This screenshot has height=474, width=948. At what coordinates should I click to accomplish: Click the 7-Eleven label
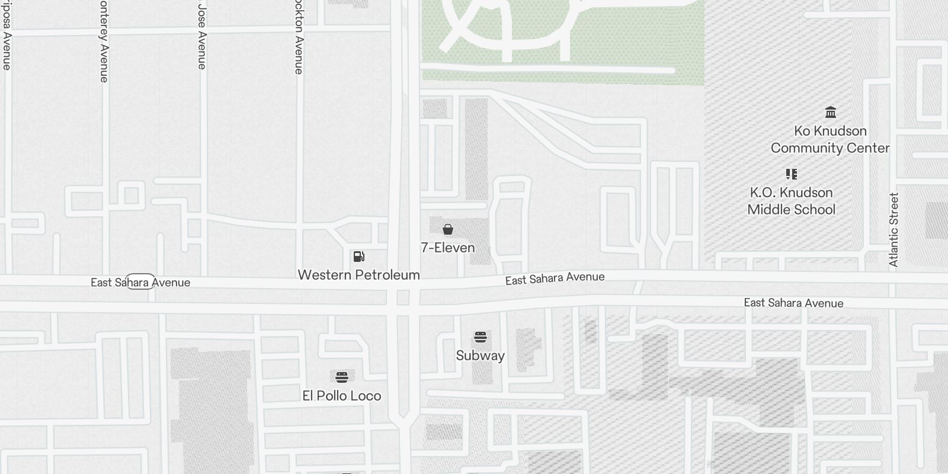447,248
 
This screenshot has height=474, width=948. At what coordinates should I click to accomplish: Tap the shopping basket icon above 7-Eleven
448,229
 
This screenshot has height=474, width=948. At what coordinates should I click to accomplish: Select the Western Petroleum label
358,275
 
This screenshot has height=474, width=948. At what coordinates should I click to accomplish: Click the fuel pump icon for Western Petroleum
358,257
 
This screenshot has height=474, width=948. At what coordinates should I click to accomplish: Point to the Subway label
480,355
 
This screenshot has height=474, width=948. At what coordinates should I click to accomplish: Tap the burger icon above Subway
480,338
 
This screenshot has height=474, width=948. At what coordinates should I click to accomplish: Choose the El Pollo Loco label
341,396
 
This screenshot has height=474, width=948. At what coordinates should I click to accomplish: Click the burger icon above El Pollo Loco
341,377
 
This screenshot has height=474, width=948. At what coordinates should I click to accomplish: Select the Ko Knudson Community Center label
830,139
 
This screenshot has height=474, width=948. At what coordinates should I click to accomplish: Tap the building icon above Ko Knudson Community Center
830,113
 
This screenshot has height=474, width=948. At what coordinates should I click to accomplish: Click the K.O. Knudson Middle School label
791,201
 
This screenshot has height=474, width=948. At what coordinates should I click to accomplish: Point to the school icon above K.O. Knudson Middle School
791,174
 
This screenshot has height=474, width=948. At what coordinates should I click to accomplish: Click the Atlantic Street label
894,229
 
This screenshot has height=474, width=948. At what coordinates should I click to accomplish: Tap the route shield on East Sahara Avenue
140,282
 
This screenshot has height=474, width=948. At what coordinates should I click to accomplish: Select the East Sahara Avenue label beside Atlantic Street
793,303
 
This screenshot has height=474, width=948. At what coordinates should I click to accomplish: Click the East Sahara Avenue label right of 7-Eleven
555,278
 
